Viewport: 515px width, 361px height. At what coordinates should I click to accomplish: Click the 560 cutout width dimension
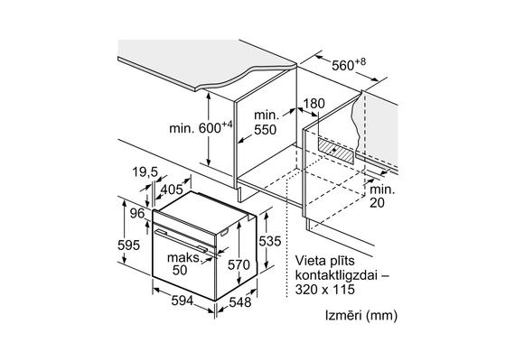[x=349, y=65]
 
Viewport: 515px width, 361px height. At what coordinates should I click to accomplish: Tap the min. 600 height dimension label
[x=201, y=127]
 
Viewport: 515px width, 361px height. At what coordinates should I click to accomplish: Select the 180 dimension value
[x=314, y=104]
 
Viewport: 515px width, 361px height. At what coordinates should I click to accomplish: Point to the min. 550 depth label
[x=265, y=123]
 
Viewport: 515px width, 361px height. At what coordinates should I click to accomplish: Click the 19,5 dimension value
[x=145, y=171]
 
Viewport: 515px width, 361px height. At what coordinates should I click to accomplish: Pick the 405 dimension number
[x=172, y=190]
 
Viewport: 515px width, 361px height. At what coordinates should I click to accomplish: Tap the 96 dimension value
[x=137, y=214]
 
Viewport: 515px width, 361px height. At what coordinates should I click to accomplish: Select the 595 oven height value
[x=128, y=245]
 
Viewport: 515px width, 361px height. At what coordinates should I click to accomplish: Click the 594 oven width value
[x=183, y=301]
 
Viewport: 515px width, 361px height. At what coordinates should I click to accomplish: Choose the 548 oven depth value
[x=240, y=302]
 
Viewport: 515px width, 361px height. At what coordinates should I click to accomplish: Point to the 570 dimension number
[x=239, y=264]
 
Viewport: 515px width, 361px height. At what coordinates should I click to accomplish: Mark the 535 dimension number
[x=270, y=241]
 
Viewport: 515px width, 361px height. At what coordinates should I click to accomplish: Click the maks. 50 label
[x=183, y=264]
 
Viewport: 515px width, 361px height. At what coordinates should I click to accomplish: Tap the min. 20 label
[x=382, y=196]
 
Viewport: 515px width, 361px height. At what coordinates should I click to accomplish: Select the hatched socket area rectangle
[x=336, y=151]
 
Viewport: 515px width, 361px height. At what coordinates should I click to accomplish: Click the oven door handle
[x=184, y=241]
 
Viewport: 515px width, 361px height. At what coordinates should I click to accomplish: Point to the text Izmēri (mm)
[x=361, y=316]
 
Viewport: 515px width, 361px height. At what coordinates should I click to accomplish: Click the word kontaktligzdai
[x=337, y=275]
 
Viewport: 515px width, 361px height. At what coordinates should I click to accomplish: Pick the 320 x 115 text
[x=325, y=290]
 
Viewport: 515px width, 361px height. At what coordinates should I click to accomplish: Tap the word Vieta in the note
[x=310, y=261]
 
